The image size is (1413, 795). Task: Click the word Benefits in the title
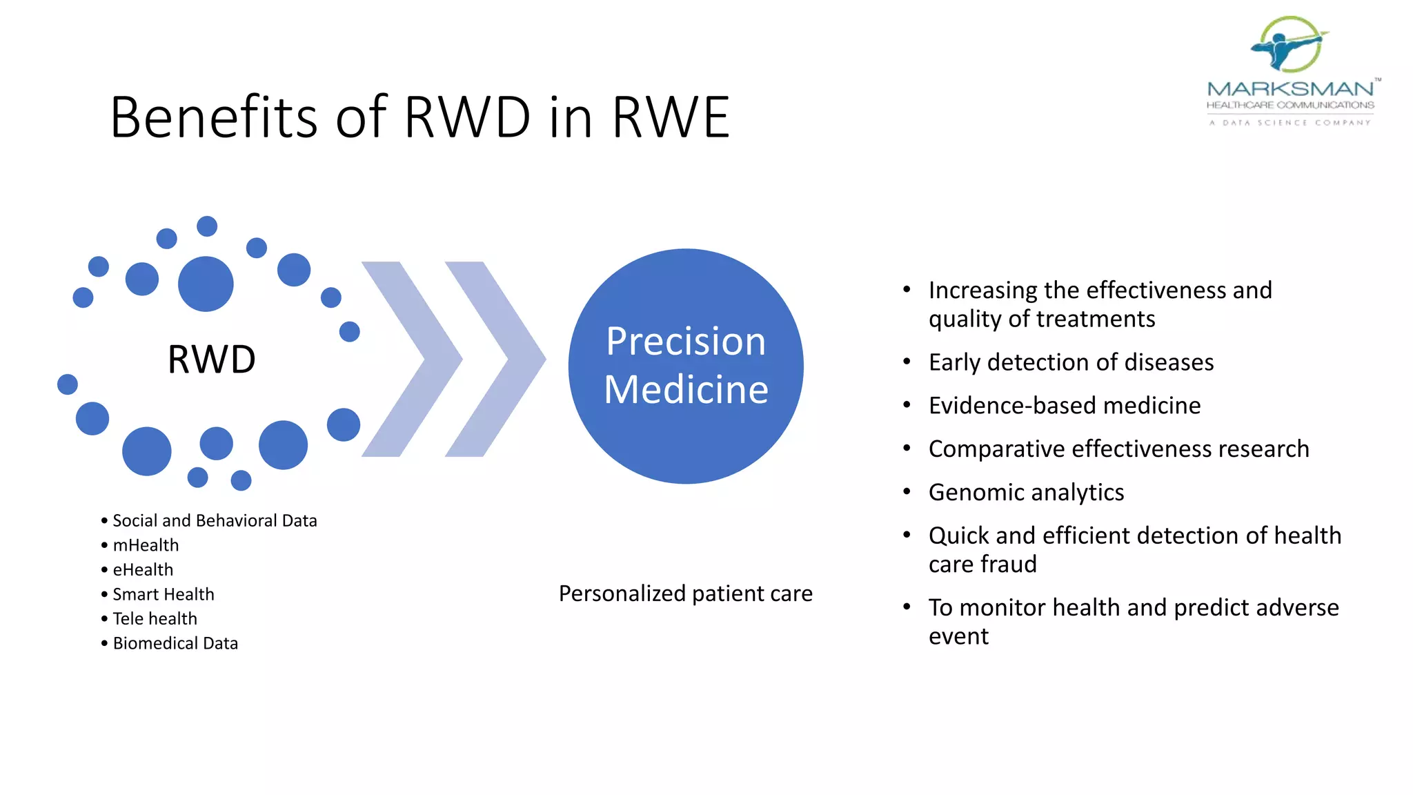tap(214, 117)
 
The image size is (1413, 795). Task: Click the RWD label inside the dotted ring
tap(211, 360)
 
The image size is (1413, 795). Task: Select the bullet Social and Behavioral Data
tap(214, 520)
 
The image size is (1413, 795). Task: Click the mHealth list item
tap(146, 545)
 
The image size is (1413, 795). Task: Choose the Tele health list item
tap(155, 618)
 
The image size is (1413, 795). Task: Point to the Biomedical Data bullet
tap(175, 643)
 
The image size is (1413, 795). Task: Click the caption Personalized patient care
tap(685, 593)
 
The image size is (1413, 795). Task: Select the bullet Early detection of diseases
tap(1071, 362)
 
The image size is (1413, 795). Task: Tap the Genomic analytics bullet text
tap(1026, 492)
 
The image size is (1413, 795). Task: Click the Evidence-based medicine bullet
tap(1064, 406)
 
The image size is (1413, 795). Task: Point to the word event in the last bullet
tap(958, 636)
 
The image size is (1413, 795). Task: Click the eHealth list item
tap(143, 569)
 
